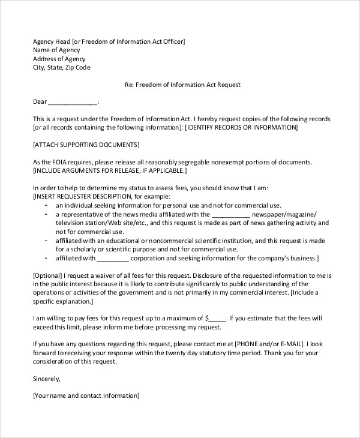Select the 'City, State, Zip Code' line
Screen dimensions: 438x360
(62, 68)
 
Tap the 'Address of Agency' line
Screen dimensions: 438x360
(59, 59)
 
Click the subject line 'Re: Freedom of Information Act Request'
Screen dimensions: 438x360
(182, 85)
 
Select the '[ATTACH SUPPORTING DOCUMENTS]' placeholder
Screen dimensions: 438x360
(86, 145)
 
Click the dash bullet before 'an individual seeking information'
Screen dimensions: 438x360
(47, 205)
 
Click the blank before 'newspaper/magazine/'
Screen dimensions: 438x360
(231, 214)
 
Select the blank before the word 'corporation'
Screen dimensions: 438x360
(113, 258)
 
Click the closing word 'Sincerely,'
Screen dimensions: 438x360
(47, 379)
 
